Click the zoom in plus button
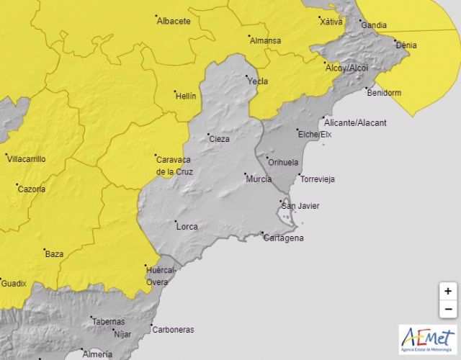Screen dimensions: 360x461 (448, 292)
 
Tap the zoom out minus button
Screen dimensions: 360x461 (448, 310)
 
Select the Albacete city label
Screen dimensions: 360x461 (174, 22)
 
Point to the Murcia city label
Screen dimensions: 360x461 (259, 179)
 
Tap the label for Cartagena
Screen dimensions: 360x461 (283, 238)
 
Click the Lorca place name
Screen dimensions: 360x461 (187, 226)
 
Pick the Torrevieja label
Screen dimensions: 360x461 (318, 179)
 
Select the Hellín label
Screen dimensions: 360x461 (185, 96)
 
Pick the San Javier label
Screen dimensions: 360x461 (300, 207)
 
